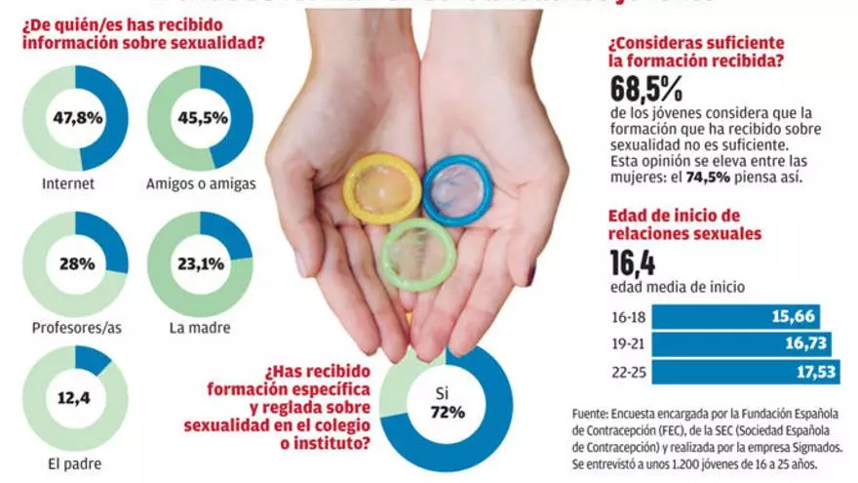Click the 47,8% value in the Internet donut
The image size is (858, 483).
click(x=74, y=118)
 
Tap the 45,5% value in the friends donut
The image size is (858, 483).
click(x=200, y=118)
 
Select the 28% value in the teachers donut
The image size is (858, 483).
click(x=75, y=263)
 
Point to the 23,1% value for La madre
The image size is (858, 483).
click(x=200, y=263)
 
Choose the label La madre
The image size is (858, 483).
click(x=199, y=327)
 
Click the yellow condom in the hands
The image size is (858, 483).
click(x=382, y=186)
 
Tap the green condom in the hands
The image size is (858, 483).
click(x=417, y=254)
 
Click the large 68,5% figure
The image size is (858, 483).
click(x=645, y=91)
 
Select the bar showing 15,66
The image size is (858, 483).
click(x=735, y=317)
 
